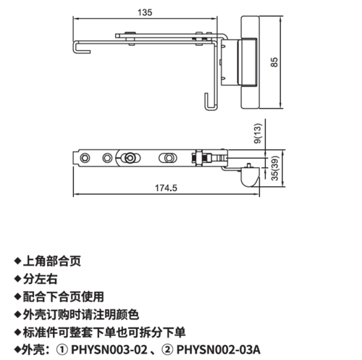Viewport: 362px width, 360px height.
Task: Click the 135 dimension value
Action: coord(145,12)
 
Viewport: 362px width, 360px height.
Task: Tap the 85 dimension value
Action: coord(274,62)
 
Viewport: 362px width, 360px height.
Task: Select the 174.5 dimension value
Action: coord(166,188)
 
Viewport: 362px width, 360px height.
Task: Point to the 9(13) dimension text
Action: coord(258,133)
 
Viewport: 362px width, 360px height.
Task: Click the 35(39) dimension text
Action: coord(275,168)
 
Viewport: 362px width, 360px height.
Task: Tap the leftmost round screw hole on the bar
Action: coord(85,159)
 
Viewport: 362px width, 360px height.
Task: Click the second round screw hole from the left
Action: coord(107,159)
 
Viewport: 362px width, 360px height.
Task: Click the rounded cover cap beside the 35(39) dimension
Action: coord(250,177)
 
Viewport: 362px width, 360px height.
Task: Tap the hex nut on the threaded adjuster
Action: coord(199,158)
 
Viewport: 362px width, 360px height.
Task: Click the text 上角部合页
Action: coord(52,261)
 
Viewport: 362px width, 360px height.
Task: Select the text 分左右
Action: coord(41,279)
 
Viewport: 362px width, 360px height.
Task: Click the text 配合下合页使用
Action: coord(64,297)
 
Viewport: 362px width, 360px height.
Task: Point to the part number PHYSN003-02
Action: coord(109,350)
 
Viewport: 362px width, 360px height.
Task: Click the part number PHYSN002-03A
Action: coord(219,350)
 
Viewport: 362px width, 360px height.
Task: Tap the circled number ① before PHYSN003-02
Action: coord(62,350)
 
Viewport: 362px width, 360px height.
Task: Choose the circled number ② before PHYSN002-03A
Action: coord(167,350)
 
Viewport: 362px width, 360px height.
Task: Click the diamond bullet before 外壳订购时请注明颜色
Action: coord(18,314)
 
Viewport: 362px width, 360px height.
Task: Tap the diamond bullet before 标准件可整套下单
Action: coord(18,332)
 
